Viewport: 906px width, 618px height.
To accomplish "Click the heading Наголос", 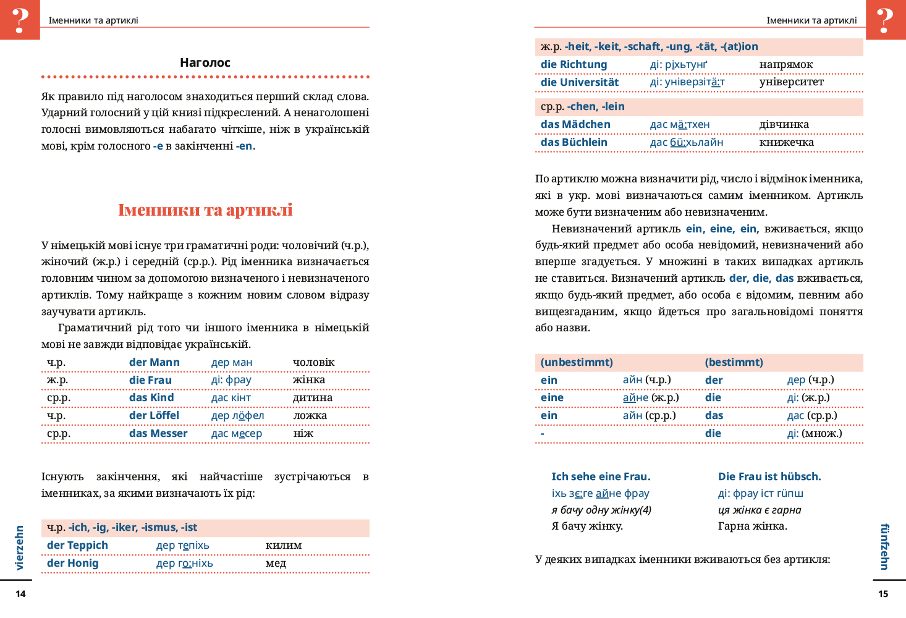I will [205, 62].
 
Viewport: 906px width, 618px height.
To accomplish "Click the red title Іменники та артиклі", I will [205, 210].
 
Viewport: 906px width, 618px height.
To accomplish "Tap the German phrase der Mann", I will [154, 362].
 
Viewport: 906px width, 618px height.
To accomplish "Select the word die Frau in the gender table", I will [150, 380].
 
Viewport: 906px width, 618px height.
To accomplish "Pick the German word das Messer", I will [158, 433].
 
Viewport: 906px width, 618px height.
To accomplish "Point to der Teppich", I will [77, 545].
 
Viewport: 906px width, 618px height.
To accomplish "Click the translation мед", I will [276, 563].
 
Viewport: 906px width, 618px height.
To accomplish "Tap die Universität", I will [579, 82].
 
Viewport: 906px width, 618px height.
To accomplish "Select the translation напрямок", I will [785, 64].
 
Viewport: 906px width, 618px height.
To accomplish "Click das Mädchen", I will [575, 124].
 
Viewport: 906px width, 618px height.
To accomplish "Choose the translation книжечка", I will [786, 142].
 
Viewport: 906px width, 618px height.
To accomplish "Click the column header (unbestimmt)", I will [576, 362].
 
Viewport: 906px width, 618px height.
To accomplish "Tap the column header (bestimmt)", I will [734, 362].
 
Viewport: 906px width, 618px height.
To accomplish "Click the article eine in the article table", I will [551, 397].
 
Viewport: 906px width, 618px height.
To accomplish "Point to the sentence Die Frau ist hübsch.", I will [769, 476].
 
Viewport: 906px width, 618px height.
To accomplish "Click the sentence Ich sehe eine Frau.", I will [601, 476].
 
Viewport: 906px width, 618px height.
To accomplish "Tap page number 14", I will [20, 594].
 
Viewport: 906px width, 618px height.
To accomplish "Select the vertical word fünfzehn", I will [884, 547].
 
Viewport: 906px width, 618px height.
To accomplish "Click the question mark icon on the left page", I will [20, 20].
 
